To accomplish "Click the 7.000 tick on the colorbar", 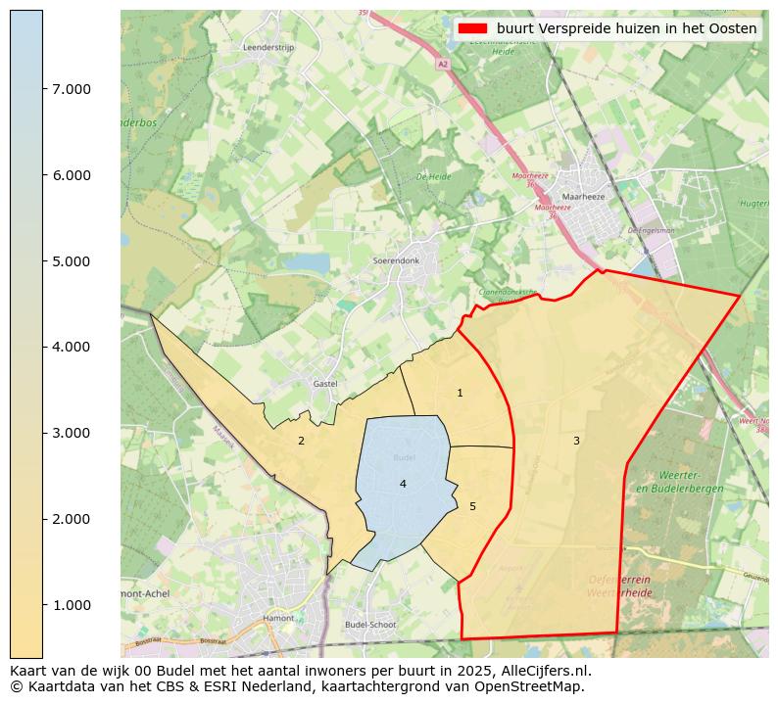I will pos(71,89).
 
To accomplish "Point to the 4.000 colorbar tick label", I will pos(71,347).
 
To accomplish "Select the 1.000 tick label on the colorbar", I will pos(71,604).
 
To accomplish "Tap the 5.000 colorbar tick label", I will pos(71,261).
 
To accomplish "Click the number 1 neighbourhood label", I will pos(460,393).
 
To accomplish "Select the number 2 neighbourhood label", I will pos(301,441).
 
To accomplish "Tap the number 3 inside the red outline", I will pos(576,441).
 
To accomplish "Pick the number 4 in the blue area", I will pos(402,484).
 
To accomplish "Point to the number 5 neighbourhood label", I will pos(472,506).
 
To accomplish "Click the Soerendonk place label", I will pos(396,261).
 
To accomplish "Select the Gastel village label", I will pos(324,384).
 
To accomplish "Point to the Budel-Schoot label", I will pos(370,625).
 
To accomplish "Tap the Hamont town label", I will pos(278,619).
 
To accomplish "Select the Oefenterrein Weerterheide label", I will pos(620,586).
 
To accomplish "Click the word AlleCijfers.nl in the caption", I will pos(542,671).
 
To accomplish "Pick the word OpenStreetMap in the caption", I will pos(534,686).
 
